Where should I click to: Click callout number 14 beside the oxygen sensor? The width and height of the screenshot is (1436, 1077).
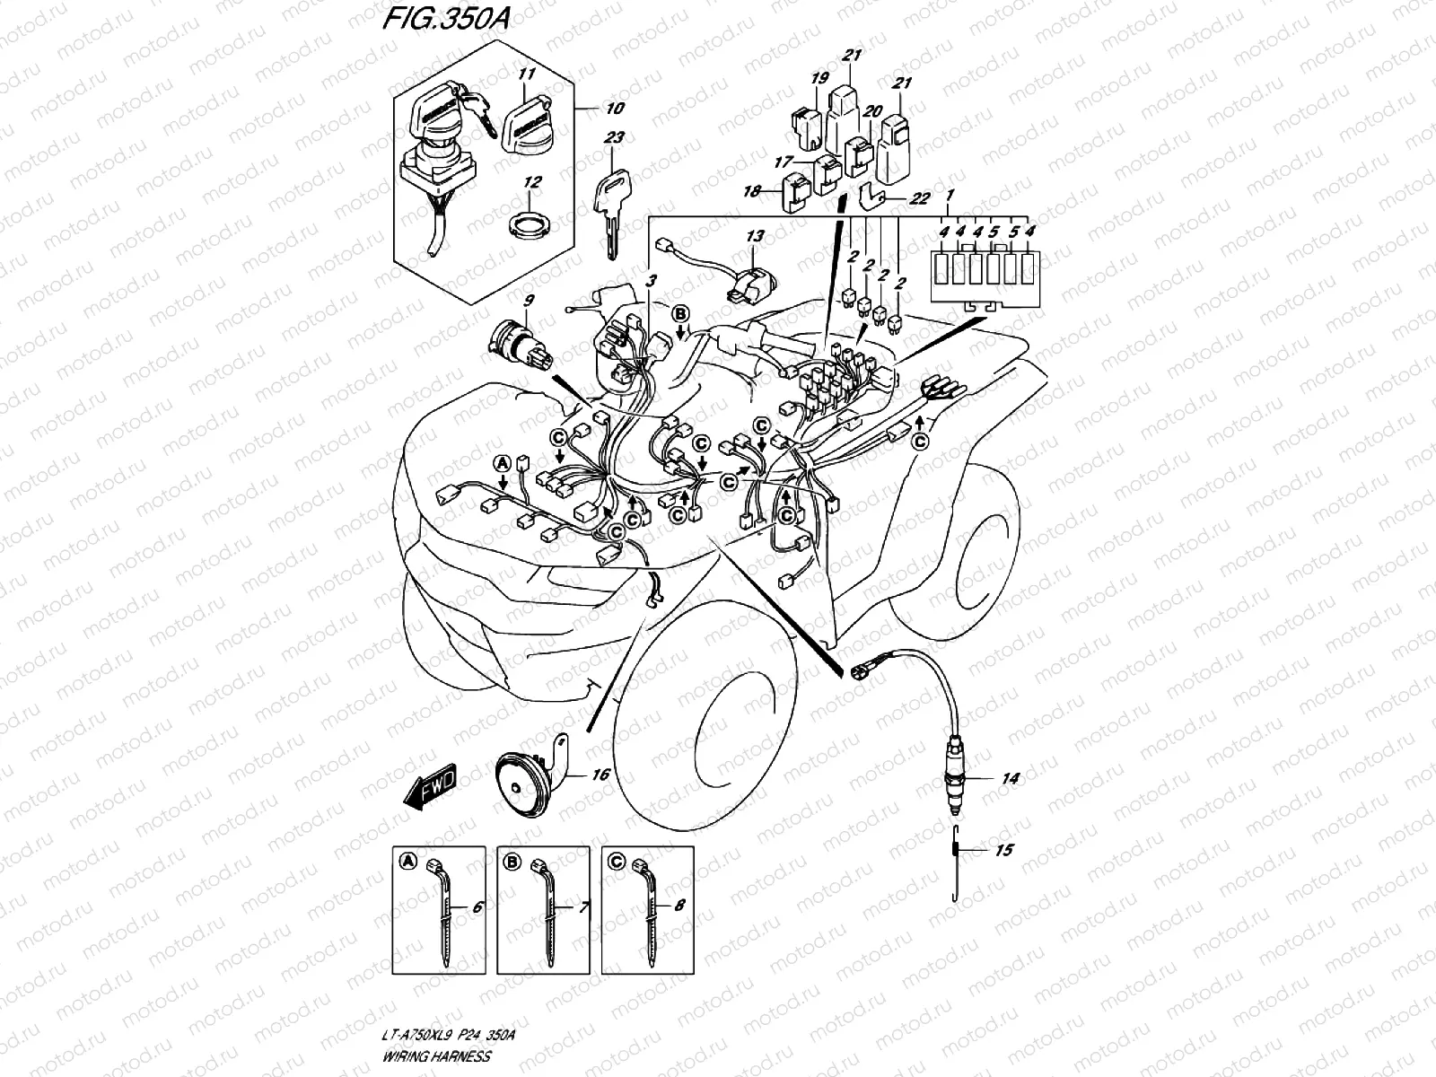(1010, 779)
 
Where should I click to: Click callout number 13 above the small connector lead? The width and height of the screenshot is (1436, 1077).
(755, 236)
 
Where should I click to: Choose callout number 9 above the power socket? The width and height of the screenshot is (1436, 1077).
(529, 300)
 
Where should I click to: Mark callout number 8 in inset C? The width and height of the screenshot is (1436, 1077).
(679, 906)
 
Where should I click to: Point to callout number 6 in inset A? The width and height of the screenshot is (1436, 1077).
(476, 907)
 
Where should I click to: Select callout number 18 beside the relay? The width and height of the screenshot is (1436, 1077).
(751, 191)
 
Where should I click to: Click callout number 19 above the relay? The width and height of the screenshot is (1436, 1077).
(818, 79)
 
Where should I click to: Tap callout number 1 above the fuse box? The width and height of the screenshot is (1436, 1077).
(950, 195)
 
